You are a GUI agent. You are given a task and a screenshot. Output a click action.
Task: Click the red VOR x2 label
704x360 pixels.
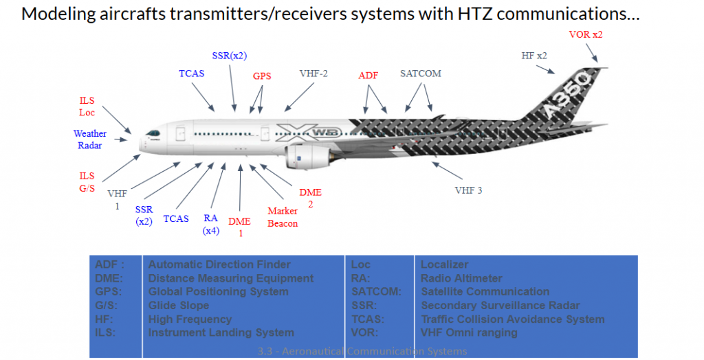click(x=586, y=34)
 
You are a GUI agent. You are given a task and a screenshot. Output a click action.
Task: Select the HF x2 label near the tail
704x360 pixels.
click(x=534, y=55)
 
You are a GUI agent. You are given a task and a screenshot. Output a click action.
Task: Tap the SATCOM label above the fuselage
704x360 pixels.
click(x=420, y=74)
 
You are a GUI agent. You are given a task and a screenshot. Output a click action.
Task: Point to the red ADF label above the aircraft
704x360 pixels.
click(x=368, y=76)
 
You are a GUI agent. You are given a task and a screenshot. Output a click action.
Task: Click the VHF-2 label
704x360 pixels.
click(x=313, y=73)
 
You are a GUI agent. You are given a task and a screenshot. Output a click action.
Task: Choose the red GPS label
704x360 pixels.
click(x=262, y=76)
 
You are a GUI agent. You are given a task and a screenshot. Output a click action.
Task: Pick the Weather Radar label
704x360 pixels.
click(x=88, y=139)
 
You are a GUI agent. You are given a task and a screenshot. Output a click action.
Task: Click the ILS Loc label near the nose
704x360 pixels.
click(x=87, y=106)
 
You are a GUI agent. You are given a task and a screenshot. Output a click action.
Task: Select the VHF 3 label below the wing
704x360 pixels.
click(x=468, y=190)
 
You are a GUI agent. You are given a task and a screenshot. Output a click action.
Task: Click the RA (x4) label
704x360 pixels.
click(x=210, y=224)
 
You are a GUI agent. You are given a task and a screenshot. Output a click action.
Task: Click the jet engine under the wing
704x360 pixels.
click(x=308, y=157)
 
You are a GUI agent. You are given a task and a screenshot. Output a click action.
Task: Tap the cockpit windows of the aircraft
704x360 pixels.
click(x=153, y=133)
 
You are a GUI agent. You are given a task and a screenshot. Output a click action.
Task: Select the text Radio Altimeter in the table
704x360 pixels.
click(x=461, y=278)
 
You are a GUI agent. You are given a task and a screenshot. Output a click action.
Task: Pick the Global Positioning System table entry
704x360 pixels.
click(x=218, y=291)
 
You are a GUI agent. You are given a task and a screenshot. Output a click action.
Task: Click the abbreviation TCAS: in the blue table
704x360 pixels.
click(x=367, y=319)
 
